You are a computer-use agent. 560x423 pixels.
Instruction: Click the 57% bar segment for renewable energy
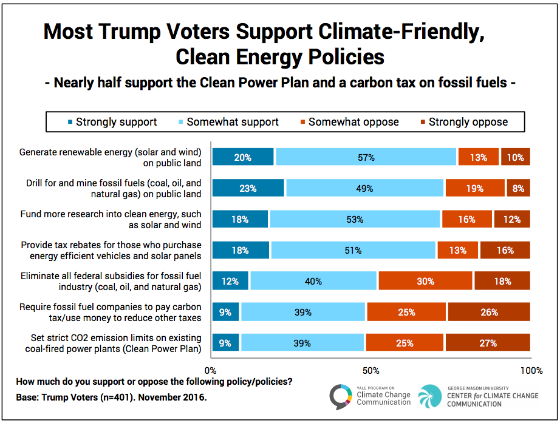pos(366,157)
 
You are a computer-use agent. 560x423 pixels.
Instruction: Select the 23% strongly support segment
pos(248,188)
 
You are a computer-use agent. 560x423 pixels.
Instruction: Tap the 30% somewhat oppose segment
pos(425,281)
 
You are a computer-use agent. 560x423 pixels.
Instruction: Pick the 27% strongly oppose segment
pos(487,343)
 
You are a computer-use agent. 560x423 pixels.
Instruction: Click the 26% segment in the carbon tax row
pos(488,312)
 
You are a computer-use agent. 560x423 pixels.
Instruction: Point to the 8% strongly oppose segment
pos(518,188)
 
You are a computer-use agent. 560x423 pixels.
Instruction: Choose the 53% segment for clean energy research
pos(355,219)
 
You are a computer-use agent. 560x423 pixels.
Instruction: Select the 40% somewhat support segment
pos(313,281)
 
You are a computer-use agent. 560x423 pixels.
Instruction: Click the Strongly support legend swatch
pos(70,122)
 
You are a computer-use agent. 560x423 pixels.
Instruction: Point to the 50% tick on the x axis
pos(370,370)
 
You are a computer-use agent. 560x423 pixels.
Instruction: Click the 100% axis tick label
pos(531,370)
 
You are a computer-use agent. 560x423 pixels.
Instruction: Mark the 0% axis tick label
pos(211,370)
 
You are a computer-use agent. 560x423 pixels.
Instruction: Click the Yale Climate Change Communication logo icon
pos(341,397)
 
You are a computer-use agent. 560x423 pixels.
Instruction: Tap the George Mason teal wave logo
pos(430,397)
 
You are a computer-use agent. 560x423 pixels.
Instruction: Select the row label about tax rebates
pos(111,250)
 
